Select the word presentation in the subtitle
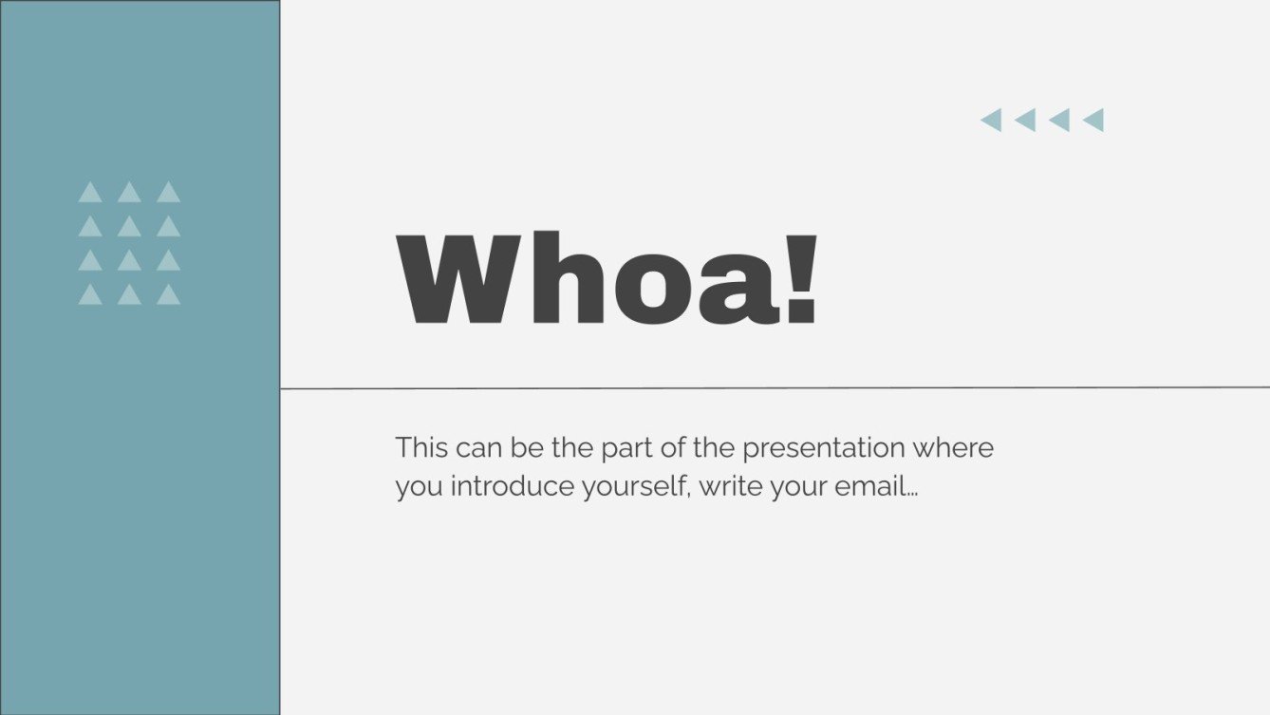[x=824, y=447]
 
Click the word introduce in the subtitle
[x=498, y=487]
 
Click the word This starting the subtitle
[x=421, y=447]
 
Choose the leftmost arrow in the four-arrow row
[x=991, y=120]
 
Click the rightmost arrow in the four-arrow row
[x=1093, y=120]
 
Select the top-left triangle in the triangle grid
[x=90, y=193]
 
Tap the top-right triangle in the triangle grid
[x=169, y=193]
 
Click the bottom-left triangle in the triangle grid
[x=90, y=295]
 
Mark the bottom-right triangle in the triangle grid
[x=169, y=295]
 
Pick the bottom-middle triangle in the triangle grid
[x=129, y=295]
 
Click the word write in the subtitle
[x=727, y=487]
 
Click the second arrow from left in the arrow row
[x=1025, y=120]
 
